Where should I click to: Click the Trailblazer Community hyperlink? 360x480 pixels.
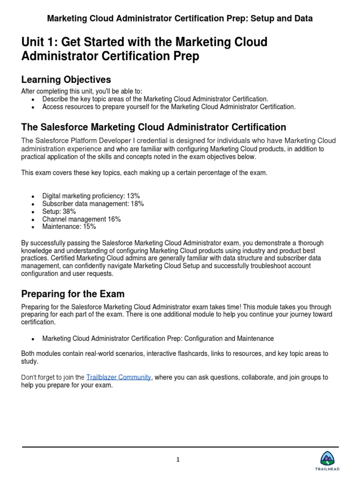(119, 377)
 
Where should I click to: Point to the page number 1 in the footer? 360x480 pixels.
(178, 460)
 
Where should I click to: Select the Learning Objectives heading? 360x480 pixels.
(66, 79)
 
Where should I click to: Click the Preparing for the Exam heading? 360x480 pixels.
(73, 294)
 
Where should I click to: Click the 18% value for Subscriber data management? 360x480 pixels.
(136, 204)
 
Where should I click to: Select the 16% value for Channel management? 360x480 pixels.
(114, 219)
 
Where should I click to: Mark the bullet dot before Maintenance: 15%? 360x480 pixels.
(32, 227)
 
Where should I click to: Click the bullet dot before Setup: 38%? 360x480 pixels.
(32, 212)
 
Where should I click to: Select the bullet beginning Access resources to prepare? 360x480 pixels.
(169, 106)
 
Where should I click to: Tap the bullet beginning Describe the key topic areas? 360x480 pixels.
(155, 99)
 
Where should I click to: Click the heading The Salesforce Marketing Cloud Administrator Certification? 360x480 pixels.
(153, 127)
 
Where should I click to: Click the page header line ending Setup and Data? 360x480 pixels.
(180, 18)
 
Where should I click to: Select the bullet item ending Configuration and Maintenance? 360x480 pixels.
(158, 338)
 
